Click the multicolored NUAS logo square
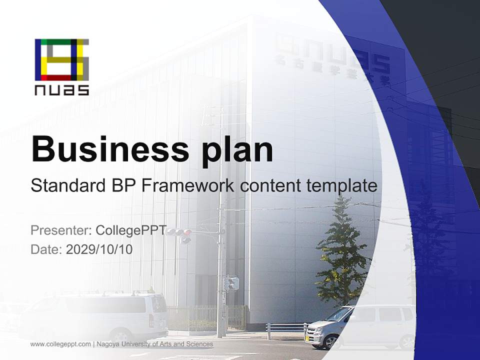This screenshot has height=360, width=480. [x=62, y=59]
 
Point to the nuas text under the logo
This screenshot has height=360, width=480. [x=62, y=90]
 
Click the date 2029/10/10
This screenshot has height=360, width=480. [x=99, y=249]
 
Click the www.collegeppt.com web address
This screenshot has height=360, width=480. [x=60, y=344]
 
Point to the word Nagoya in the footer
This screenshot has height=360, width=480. [x=109, y=344]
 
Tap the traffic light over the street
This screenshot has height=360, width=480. [x=179, y=232]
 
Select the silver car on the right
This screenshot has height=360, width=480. [x=360, y=325]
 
